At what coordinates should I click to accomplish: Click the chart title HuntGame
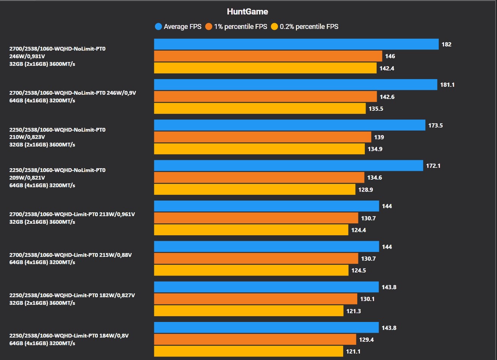tap(248, 12)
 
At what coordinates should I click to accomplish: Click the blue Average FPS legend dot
tap(158, 27)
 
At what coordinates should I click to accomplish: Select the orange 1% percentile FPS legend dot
tap(209, 27)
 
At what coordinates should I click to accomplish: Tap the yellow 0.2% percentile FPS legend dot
tap(275, 27)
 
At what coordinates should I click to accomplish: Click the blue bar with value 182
tap(296, 44)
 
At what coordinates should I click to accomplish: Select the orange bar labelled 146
tap(268, 56)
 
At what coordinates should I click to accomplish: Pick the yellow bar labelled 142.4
tap(265, 68)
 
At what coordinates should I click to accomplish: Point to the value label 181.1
tap(447, 85)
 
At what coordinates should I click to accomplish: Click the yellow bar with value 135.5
tap(260, 108)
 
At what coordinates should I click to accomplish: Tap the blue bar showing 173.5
tap(289, 125)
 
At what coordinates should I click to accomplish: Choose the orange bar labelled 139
tap(262, 137)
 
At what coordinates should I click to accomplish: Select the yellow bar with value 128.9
tap(255, 190)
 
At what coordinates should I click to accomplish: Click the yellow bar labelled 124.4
tap(251, 230)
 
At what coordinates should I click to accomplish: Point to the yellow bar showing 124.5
tap(251, 270)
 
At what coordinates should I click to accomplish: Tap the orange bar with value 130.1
tap(256, 299)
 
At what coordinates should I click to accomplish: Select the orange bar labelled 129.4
tap(255, 339)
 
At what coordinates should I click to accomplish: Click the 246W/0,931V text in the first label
tap(27, 56)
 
